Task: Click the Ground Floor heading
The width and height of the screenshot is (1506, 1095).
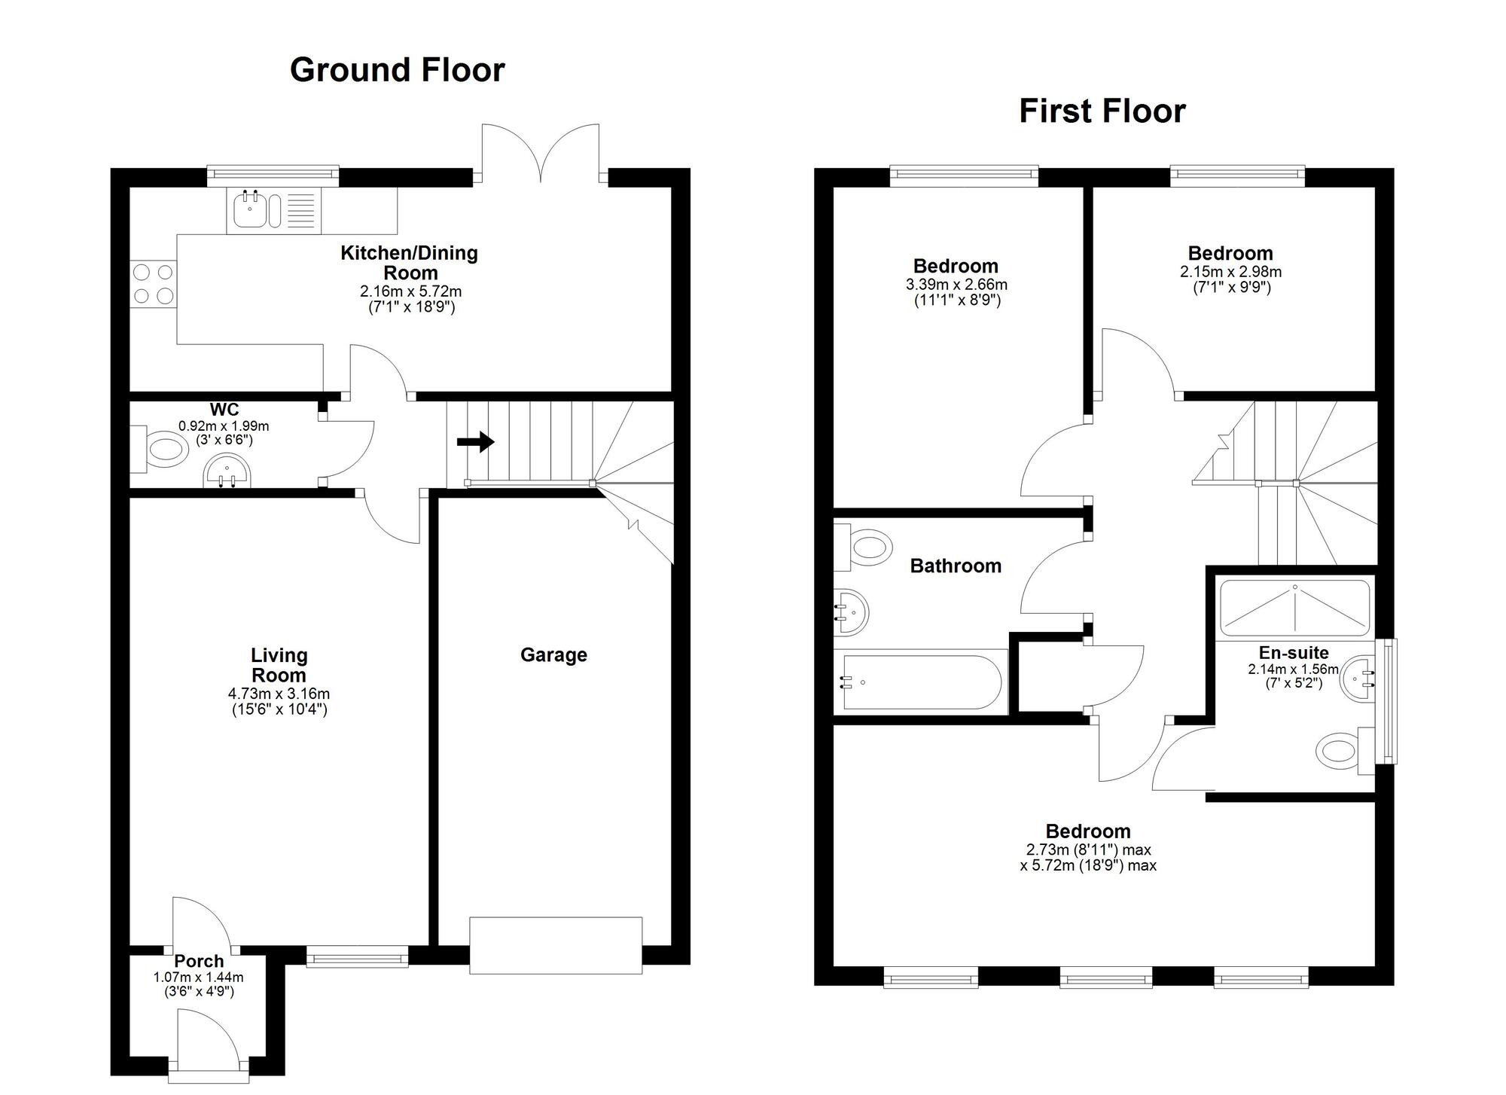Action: click(x=397, y=70)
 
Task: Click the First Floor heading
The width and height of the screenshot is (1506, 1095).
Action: click(x=1102, y=111)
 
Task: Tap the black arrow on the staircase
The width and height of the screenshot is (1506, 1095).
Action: click(x=476, y=442)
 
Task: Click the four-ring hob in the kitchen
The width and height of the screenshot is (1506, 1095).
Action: click(x=153, y=284)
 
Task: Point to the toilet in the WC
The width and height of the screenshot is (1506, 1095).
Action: click(x=165, y=450)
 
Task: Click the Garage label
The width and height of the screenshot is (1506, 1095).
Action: click(x=553, y=655)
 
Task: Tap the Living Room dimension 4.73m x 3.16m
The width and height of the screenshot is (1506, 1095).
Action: click(x=279, y=694)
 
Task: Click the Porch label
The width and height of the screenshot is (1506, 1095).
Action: click(x=199, y=962)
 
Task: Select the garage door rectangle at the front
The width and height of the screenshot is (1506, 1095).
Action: click(x=556, y=945)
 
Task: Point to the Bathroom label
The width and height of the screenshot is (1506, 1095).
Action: click(x=956, y=566)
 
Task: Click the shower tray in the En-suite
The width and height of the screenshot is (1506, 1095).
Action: click(x=1294, y=607)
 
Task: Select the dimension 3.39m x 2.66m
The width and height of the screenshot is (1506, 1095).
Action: click(x=956, y=285)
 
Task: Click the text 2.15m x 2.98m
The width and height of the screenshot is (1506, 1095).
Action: click(x=1230, y=272)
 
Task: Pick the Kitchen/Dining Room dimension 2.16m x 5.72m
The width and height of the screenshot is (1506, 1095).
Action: click(x=410, y=291)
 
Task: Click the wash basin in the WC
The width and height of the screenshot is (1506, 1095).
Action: click(x=227, y=471)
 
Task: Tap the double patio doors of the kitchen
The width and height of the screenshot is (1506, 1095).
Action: click(x=541, y=154)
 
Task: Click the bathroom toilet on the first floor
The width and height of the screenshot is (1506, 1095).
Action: click(x=866, y=545)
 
